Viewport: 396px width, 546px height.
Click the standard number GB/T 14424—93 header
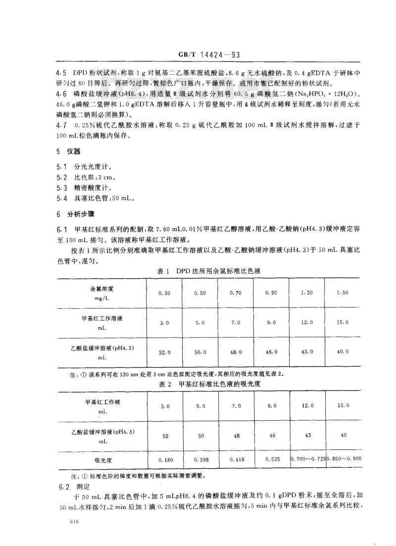tap(208, 56)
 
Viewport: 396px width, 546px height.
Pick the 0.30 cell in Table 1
tap(164, 293)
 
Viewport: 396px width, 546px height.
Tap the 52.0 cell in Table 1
tap(164, 352)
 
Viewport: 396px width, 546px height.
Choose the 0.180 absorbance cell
tap(164, 459)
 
